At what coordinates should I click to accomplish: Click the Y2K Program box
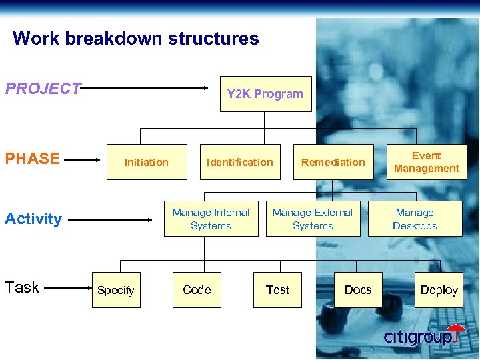coord(265,94)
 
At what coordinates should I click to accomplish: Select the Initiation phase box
coord(147,162)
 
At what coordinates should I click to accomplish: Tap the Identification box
coord(240,162)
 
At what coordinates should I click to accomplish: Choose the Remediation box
coord(333,162)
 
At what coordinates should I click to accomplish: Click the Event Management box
coord(427,162)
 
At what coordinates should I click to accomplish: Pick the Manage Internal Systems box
coord(211,219)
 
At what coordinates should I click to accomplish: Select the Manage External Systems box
coord(313,219)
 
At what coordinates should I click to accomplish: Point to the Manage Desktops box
coord(415,219)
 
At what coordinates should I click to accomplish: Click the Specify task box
coord(116,290)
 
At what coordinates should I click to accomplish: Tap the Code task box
coord(197,290)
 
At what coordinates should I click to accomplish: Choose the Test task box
coord(277,290)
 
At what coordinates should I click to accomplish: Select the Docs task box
coord(358,290)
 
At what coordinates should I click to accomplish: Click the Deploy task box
coord(439,290)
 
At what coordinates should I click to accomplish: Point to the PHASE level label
coord(32,159)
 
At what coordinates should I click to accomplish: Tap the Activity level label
coord(33,219)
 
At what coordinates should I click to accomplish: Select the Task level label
coord(22,287)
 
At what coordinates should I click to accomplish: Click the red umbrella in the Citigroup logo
coord(456,331)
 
